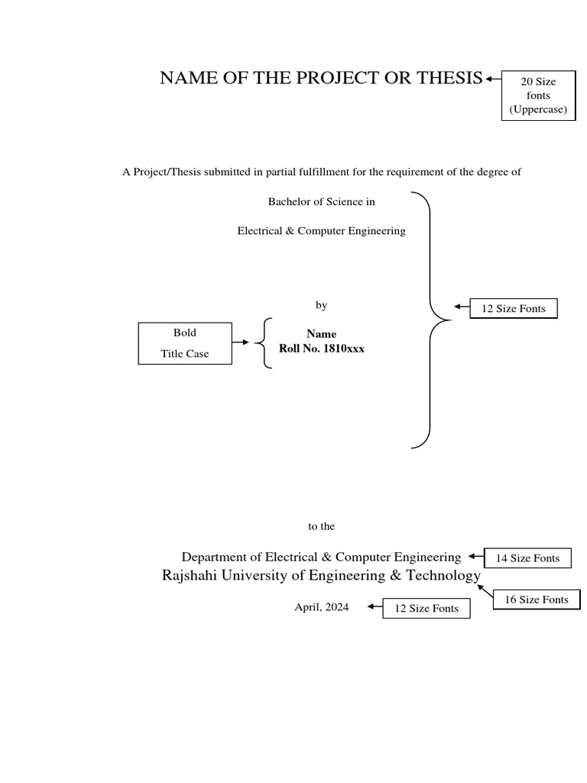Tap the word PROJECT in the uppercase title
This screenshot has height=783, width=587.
point(336,78)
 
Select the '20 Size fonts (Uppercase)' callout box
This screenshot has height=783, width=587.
point(538,96)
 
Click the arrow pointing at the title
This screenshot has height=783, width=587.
point(493,78)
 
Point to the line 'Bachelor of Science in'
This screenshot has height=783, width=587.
point(321,202)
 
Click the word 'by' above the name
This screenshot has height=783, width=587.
point(321,305)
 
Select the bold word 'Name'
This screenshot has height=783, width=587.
point(321,334)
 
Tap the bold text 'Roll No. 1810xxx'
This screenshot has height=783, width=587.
point(321,349)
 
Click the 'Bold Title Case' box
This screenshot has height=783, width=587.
point(184,343)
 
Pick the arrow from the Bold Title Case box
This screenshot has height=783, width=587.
point(241,343)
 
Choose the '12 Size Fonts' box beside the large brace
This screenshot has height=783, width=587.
point(514,308)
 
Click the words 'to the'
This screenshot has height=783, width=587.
point(321,526)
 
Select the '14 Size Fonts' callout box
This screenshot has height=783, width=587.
point(527,558)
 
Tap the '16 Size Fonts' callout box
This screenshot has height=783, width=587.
point(537,599)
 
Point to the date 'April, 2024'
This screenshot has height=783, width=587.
point(321,607)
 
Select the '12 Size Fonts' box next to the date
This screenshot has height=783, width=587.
point(426,609)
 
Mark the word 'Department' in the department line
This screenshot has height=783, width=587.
point(214,557)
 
